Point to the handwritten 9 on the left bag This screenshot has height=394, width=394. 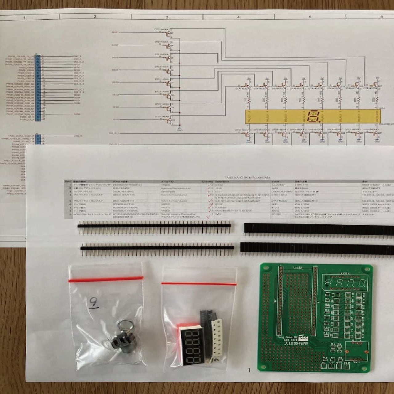[93, 303]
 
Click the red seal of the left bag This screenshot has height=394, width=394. [106, 279]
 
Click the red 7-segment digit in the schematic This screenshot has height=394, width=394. [312, 116]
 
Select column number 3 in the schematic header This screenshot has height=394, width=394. [167, 17]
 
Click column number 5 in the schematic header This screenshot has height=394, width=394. [310, 17]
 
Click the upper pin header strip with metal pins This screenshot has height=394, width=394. [154, 226]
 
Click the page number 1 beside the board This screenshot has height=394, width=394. [249, 370]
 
